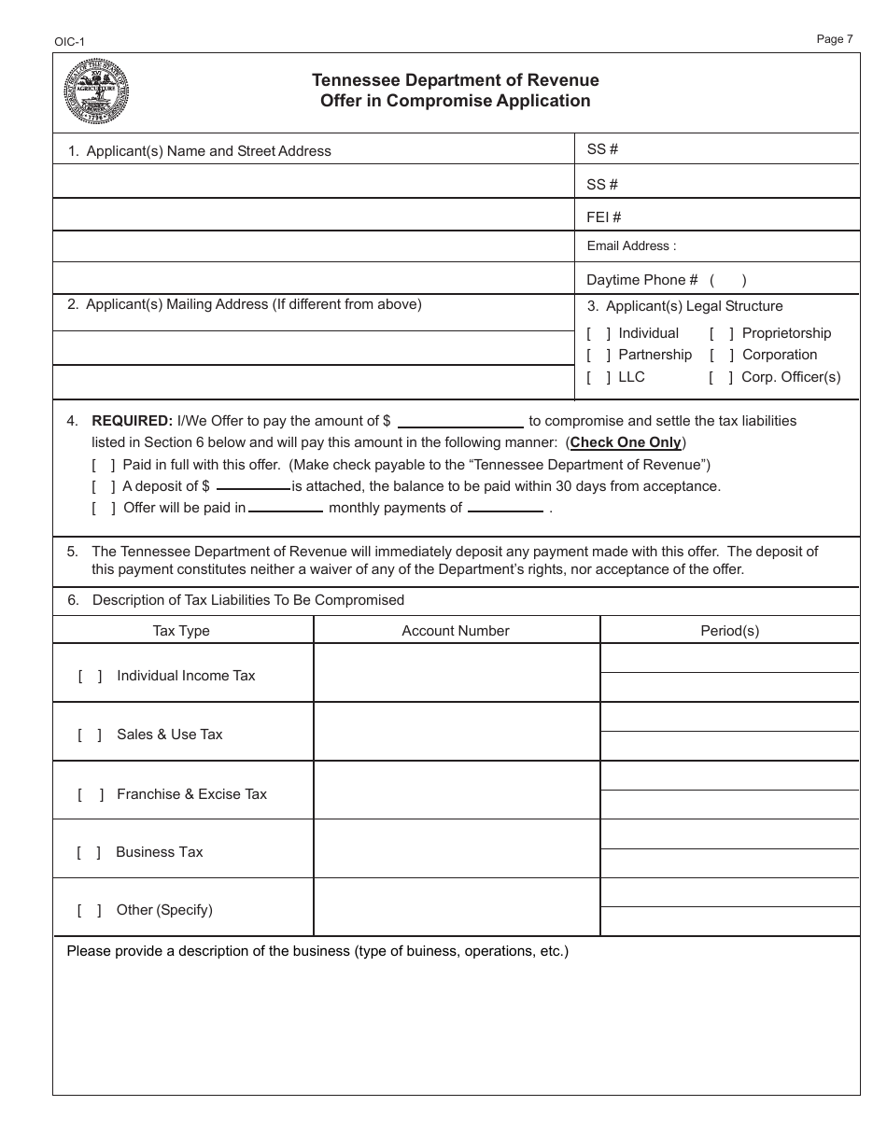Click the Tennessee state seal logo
96,91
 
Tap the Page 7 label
834,39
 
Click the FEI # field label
603,217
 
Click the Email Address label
631,246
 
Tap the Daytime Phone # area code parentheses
727,279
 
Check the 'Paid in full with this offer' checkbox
104,465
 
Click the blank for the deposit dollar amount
253,486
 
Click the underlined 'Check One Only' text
626,442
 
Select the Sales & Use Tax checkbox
90,735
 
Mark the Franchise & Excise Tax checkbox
90,794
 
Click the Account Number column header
456,631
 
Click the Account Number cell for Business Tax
456,849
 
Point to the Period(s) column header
729,631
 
